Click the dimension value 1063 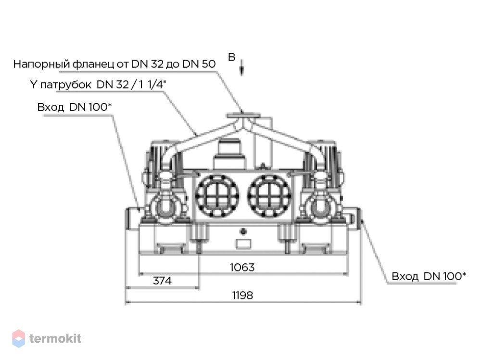click(x=242, y=267)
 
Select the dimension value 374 click(x=162, y=281)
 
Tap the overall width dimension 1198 click(x=242, y=295)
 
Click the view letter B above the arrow click(x=232, y=57)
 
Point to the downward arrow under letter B click(x=242, y=67)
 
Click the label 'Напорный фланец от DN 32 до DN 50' click(x=114, y=64)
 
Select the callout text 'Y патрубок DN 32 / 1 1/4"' click(x=98, y=84)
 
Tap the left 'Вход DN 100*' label click(x=74, y=107)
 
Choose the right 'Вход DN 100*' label click(x=429, y=276)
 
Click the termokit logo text click(x=55, y=338)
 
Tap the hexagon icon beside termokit click(x=18, y=338)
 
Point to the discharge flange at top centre click(x=243, y=116)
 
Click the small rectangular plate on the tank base click(x=243, y=244)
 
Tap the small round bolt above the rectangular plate click(x=243, y=231)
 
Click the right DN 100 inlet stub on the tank click(x=354, y=219)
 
